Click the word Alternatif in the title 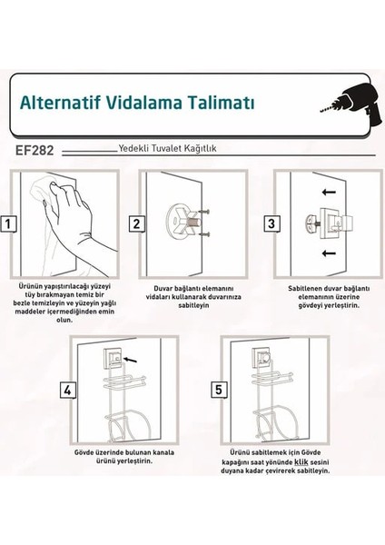pyautogui.click(x=60, y=102)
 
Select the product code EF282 pyautogui.click(x=35, y=151)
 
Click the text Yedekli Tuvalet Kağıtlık pyautogui.click(x=167, y=148)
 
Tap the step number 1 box pyautogui.click(x=8, y=223)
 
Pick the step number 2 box pyautogui.click(x=136, y=223)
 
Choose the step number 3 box pyautogui.click(x=271, y=223)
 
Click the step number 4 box pyautogui.click(x=68, y=390)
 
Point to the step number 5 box pyautogui.click(x=219, y=390)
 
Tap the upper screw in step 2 pyautogui.click(x=203, y=212)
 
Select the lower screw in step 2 pyautogui.click(x=205, y=234)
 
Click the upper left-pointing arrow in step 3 pyautogui.click(x=329, y=192)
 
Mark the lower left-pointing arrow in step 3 pyautogui.click(x=329, y=253)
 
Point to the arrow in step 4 pyautogui.click(x=131, y=359)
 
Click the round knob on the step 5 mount pyautogui.click(x=266, y=357)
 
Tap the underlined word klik pyautogui.click(x=301, y=462)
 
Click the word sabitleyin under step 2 pyautogui.click(x=193, y=305)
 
